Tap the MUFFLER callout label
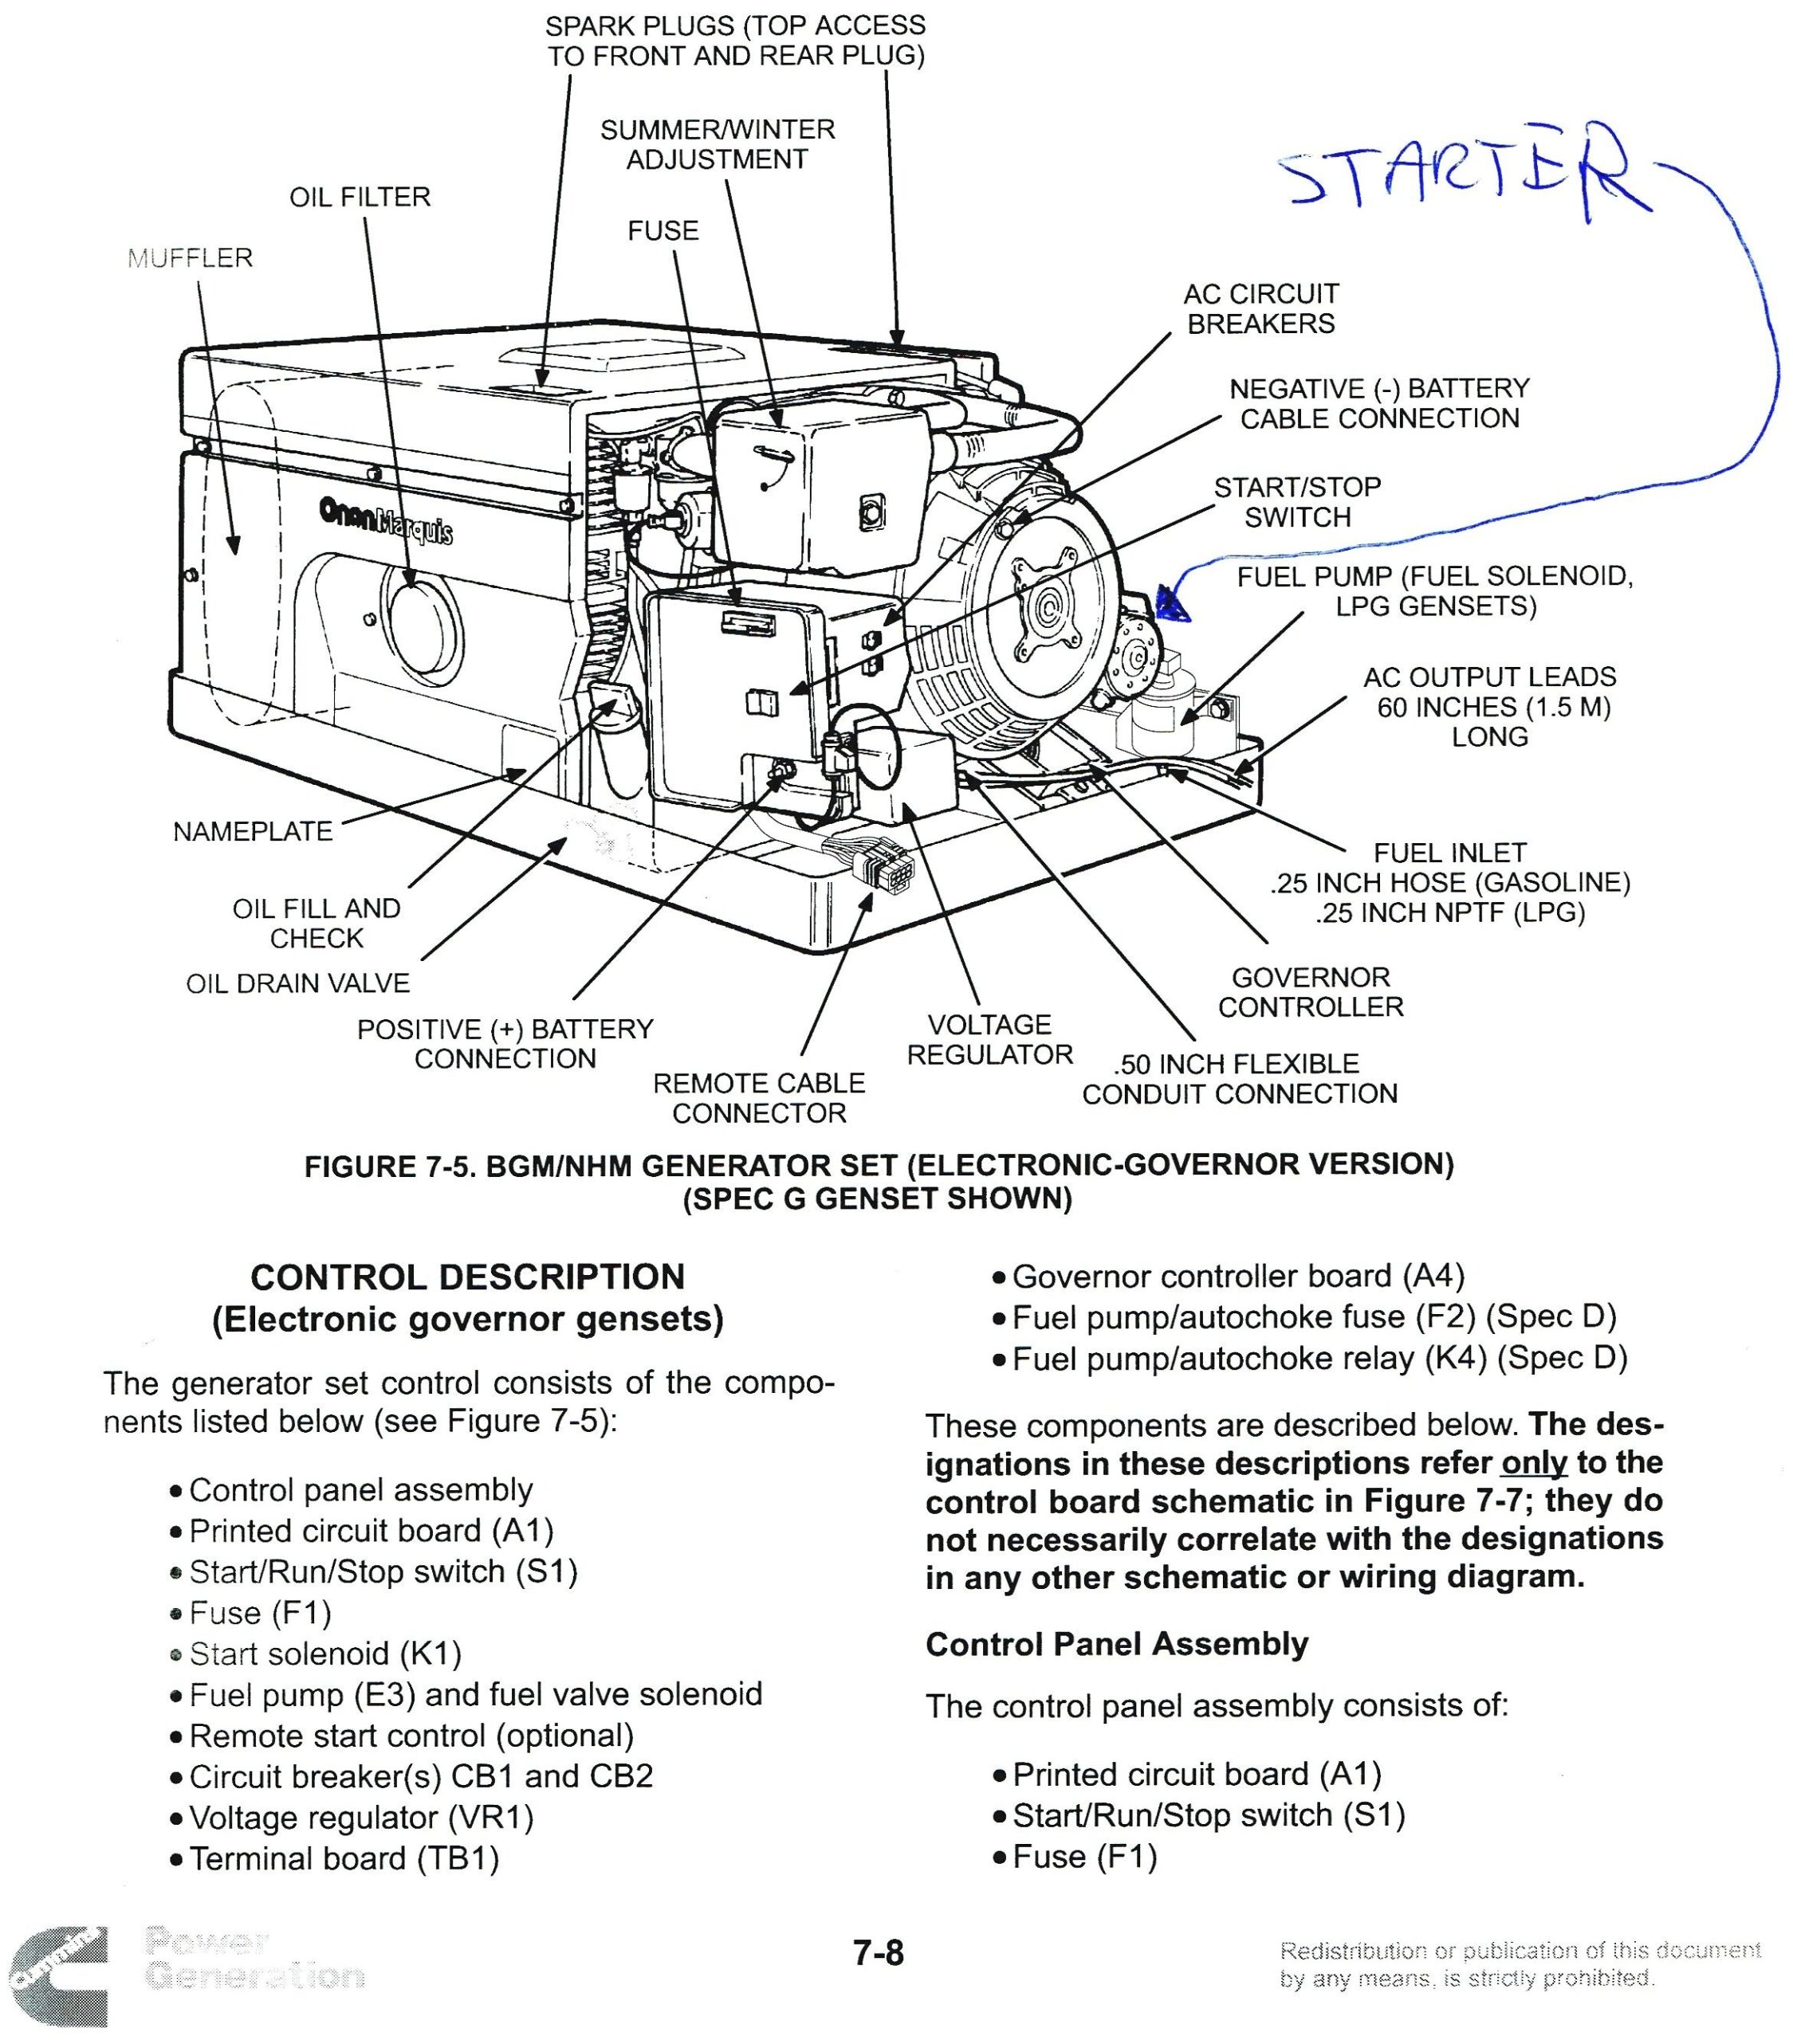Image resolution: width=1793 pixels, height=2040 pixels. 190,258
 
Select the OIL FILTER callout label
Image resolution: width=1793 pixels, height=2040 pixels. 360,198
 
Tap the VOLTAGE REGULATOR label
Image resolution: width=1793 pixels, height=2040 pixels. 989,1039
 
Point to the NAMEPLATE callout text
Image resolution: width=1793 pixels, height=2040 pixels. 252,831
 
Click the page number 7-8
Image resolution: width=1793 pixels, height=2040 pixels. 878,1952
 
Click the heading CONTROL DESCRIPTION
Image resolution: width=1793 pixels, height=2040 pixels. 467,1277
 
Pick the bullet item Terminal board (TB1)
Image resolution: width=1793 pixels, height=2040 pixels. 344,1858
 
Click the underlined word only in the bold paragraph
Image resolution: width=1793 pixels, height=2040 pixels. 1532,1462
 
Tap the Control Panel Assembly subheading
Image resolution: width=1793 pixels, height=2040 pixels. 1115,1644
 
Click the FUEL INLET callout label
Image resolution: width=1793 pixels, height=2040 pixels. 1449,853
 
